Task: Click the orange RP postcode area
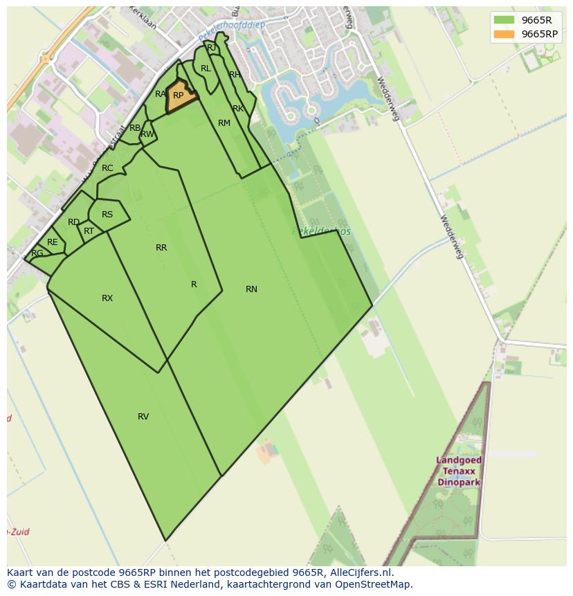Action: click(179, 98)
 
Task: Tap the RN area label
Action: click(251, 289)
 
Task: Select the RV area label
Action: click(143, 417)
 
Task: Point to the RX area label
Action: click(107, 298)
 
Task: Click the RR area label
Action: click(161, 248)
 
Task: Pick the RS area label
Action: click(107, 215)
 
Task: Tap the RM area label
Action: click(224, 123)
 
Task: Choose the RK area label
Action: click(238, 109)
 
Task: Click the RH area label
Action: click(235, 75)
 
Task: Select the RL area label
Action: click(206, 69)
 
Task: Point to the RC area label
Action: click(107, 168)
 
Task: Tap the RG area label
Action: click(37, 253)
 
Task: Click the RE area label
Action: click(53, 242)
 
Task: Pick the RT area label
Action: click(89, 231)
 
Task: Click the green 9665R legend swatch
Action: click(504, 20)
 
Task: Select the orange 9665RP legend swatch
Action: click(504, 34)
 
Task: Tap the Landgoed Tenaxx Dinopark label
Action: click(460, 471)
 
